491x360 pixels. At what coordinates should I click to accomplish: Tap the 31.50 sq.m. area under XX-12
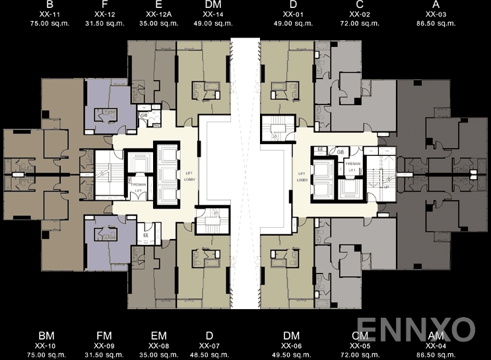tap(104, 23)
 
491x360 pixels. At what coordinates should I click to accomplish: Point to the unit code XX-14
tap(213, 14)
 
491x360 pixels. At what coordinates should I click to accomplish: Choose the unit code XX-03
tap(436, 14)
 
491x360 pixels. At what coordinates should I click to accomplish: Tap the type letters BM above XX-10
tap(46, 336)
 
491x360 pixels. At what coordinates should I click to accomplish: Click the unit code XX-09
tap(104, 345)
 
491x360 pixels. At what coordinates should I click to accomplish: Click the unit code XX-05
tap(360, 345)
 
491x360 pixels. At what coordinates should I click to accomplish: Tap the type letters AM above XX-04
tap(436, 336)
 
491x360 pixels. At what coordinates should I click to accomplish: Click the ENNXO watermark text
tap(416, 328)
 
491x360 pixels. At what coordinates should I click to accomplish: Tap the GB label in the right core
tap(341, 152)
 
